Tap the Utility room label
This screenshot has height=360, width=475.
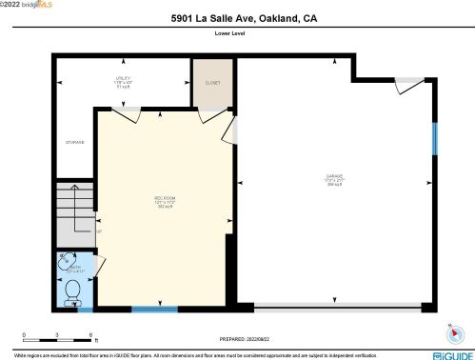(124, 82)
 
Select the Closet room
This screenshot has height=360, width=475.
(212, 83)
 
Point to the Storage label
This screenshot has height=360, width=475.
(74, 142)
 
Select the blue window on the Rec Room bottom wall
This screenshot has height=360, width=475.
(154, 308)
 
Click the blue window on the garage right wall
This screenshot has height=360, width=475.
(434, 139)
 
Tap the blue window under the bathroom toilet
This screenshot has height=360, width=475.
(85, 309)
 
